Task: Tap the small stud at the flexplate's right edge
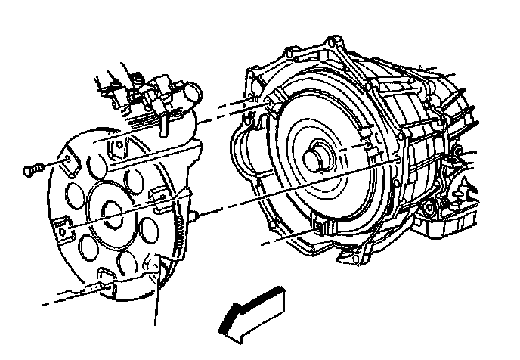[195, 217]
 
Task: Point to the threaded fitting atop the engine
[137, 78]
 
